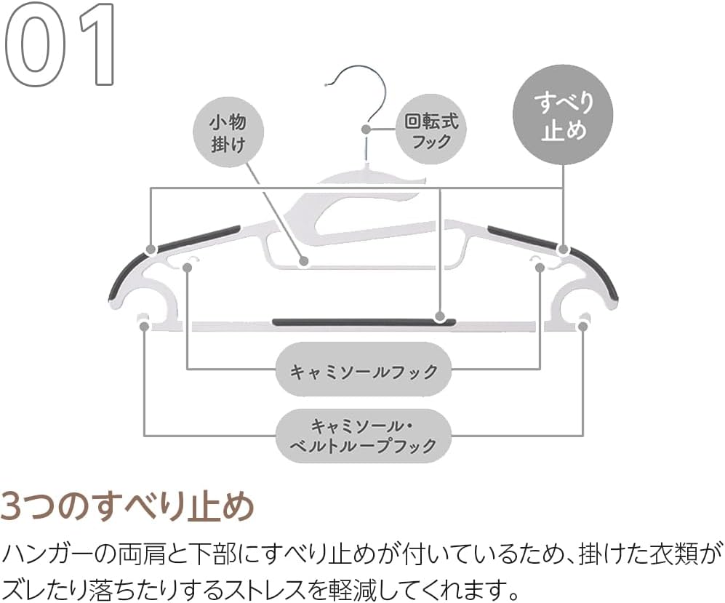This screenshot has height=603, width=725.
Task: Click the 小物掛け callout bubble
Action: click(x=228, y=132)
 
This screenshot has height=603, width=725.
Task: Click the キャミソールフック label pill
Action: click(x=364, y=372)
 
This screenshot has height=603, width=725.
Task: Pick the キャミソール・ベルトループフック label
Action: click(x=364, y=435)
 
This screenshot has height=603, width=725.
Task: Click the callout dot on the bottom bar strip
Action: click(x=439, y=317)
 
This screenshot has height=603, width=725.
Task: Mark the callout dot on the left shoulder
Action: click(x=151, y=249)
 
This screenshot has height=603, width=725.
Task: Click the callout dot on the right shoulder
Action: click(x=563, y=249)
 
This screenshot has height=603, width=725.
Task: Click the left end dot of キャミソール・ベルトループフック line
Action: click(x=144, y=327)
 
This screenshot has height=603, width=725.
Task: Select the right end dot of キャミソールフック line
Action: click(x=540, y=268)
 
